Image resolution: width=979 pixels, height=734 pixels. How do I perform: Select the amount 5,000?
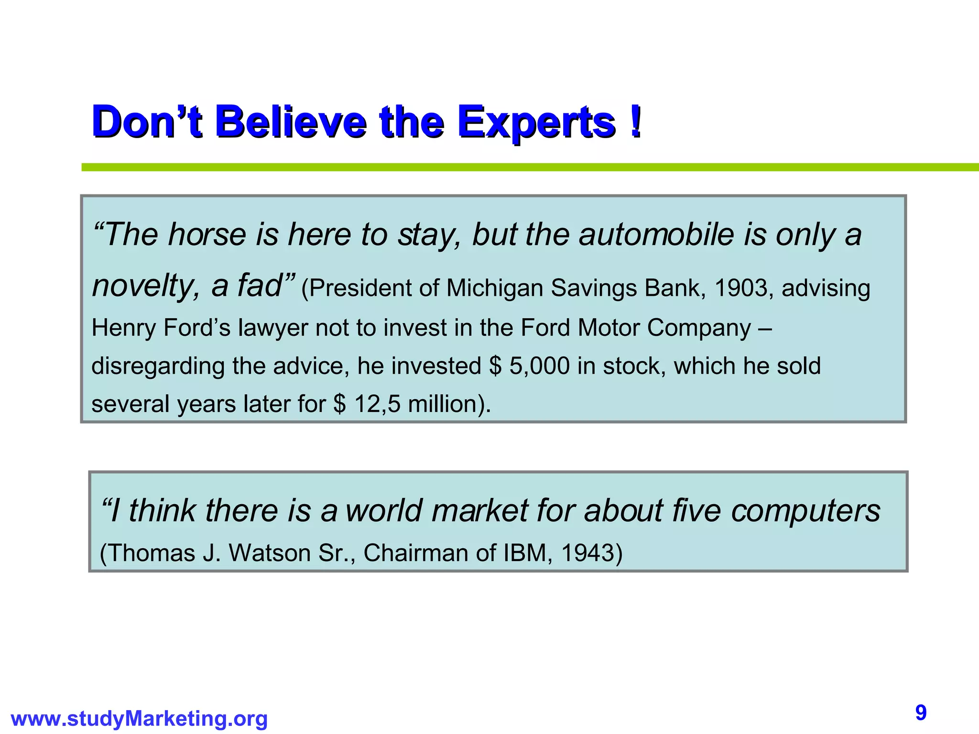[540, 366]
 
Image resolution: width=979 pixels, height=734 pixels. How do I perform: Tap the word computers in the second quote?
[805, 510]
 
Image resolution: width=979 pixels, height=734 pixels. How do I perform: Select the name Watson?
[270, 553]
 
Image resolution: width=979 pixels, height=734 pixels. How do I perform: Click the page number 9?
[921, 713]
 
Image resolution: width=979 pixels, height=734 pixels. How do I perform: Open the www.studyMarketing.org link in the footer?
[139, 719]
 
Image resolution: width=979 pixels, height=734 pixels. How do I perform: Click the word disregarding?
[158, 366]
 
